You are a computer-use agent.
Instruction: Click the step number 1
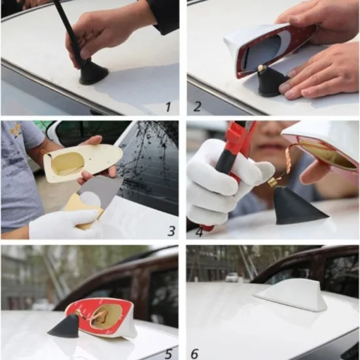click(x=168, y=107)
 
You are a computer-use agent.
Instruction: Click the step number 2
click(x=197, y=107)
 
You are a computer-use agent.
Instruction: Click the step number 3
click(x=171, y=231)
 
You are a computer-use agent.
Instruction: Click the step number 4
click(x=199, y=232)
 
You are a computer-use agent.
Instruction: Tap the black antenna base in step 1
click(x=94, y=74)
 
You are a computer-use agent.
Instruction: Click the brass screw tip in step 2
click(x=261, y=67)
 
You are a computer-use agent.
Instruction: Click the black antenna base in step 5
click(x=65, y=327)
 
